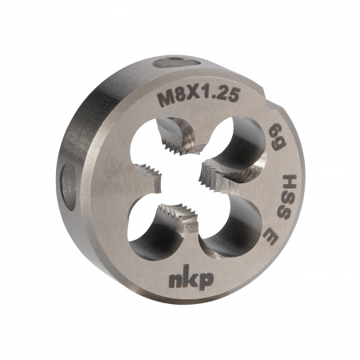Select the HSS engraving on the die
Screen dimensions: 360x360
pyautogui.click(x=287, y=198)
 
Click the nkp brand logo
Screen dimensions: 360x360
pyautogui.click(x=191, y=278)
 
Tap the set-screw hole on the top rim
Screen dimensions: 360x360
pyautogui.click(x=177, y=62)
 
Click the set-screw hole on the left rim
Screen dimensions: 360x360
pyautogui.click(x=69, y=186)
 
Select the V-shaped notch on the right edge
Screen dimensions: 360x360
pyautogui.click(x=274, y=106)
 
